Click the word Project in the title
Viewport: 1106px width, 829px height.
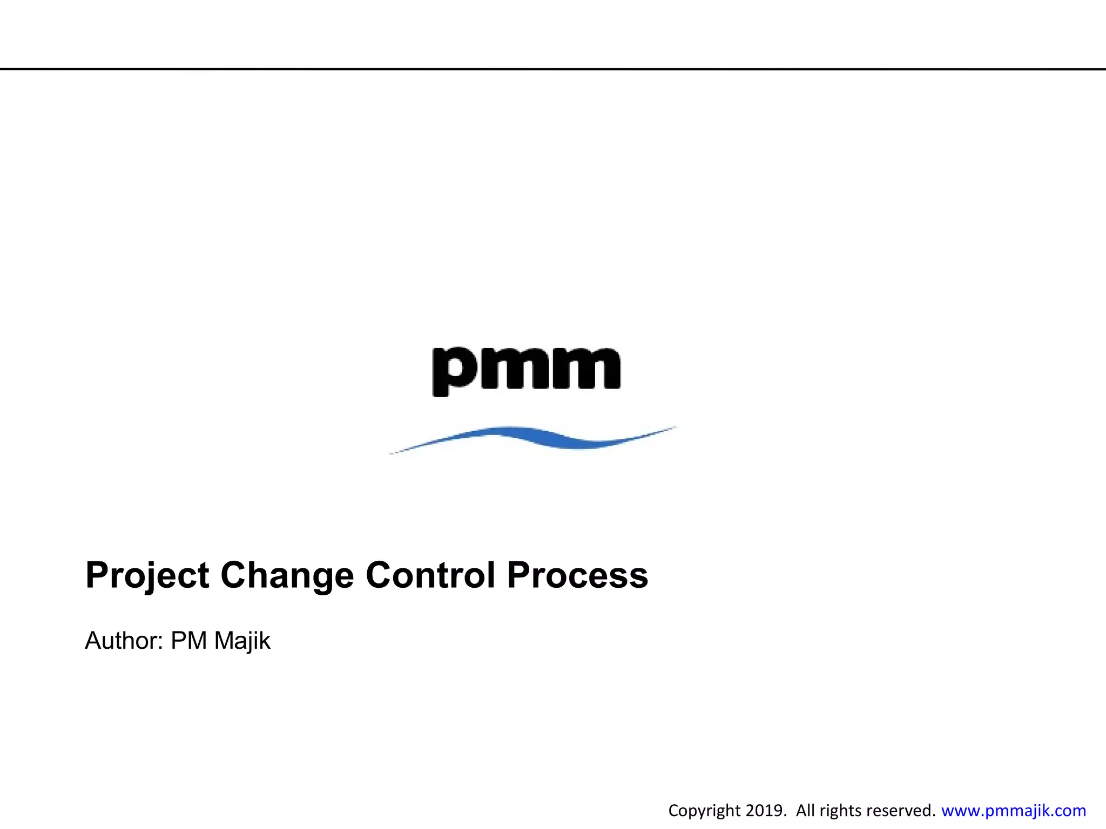pyautogui.click(x=147, y=575)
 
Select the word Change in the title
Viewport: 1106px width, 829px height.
pyautogui.click(x=287, y=575)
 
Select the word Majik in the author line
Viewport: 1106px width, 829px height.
pyautogui.click(x=242, y=641)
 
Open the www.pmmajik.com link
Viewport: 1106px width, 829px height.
pyautogui.click(x=1013, y=811)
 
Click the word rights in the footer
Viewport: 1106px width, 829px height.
pyautogui.click(x=837, y=811)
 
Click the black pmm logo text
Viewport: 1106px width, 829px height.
pyautogui.click(x=527, y=369)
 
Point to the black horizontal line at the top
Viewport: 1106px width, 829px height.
pyautogui.click(x=553, y=69)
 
